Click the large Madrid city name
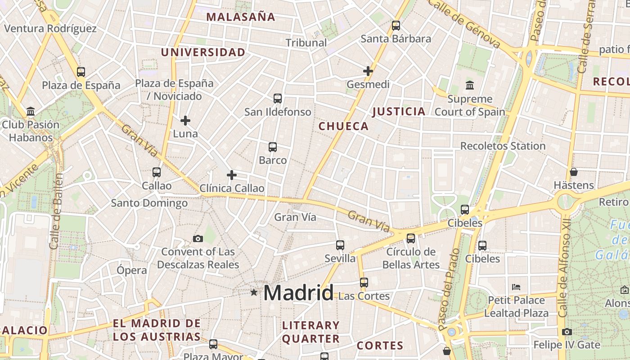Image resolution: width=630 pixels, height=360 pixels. coord(298,293)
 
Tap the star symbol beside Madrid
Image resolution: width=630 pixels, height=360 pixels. coord(254,292)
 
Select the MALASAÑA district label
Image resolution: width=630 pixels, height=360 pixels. coord(240,17)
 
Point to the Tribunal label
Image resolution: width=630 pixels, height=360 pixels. coord(306,43)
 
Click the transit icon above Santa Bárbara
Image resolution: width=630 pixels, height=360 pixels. coord(396,26)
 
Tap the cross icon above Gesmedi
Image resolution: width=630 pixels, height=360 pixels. coord(368,71)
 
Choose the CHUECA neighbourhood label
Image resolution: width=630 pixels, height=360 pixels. coord(343,126)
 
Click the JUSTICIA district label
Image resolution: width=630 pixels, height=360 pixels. coord(399,112)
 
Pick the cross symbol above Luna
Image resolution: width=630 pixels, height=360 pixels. coord(185,121)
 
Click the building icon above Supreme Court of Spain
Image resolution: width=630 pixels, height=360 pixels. coord(470,85)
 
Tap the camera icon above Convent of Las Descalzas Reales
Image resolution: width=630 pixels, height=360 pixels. coord(198,238)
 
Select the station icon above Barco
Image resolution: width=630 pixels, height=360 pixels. coord(273,147)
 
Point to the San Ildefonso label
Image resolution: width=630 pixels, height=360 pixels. coord(278,112)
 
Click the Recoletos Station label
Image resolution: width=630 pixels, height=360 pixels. coord(503,146)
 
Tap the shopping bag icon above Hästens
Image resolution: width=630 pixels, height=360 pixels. coord(574,172)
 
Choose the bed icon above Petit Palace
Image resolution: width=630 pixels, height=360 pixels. coord(516,287)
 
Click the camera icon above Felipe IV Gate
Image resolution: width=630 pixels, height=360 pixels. coord(567,332)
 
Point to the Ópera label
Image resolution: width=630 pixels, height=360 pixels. coord(132,270)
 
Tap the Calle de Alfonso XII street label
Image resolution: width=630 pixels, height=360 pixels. coord(563,274)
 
